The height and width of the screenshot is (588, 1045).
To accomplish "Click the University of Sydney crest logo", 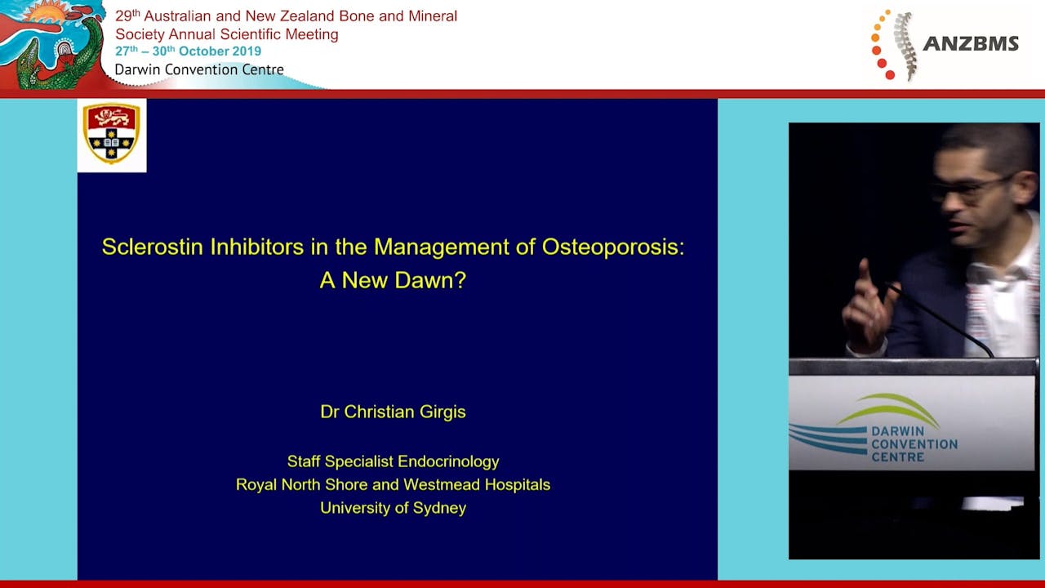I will (112, 134).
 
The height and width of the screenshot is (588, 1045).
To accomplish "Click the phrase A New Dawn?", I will (393, 280).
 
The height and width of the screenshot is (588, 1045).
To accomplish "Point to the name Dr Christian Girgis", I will (393, 412).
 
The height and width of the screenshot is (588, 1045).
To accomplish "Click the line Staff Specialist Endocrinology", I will (393, 461).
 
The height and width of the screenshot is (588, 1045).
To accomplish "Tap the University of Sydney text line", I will (393, 508).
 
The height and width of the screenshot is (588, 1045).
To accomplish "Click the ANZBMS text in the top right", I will (970, 44).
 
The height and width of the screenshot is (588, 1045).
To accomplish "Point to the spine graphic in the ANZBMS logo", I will (902, 44).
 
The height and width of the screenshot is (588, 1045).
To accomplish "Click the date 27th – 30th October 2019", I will (188, 51).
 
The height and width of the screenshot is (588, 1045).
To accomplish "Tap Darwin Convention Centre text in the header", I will (199, 69).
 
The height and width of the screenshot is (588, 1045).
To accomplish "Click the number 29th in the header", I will (127, 16).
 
